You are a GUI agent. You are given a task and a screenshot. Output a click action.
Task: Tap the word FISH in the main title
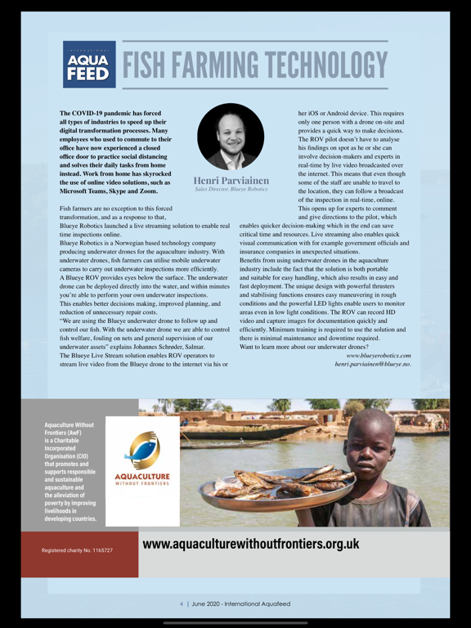click(x=153, y=66)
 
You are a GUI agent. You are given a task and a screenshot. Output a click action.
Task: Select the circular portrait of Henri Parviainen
click(x=230, y=137)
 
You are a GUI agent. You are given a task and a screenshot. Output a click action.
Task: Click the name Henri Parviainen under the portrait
click(x=230, y=180)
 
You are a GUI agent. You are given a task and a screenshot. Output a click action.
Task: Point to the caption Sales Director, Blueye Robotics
click(x=230, y=190)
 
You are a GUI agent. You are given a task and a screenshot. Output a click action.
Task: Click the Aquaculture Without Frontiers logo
click(x=142, y=460)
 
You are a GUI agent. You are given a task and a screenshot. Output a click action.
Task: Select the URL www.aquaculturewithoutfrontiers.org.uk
click(x=250, y=544)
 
